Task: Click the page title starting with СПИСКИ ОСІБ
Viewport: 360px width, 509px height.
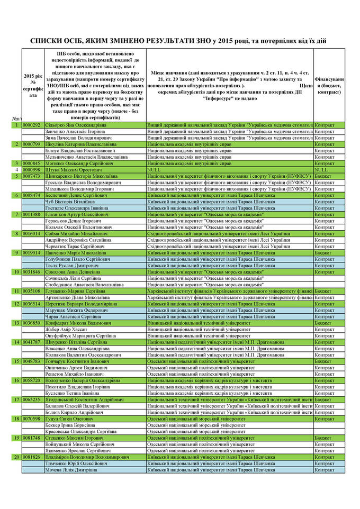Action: (180, 40)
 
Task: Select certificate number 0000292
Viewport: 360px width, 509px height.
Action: (32, 125)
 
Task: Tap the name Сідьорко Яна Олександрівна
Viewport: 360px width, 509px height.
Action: (76, 125)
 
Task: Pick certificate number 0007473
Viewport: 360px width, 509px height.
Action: (32, 176)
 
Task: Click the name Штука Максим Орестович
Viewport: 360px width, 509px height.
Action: (71, 169)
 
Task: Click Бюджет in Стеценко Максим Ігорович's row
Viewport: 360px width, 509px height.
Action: (323, 438)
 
